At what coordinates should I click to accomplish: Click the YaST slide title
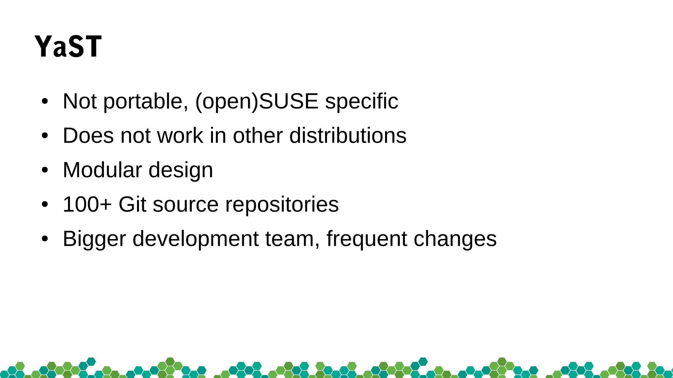[x=68, y=47]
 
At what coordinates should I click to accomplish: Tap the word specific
[x=361, y=101]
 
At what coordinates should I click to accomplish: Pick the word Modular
[x=102, y=170]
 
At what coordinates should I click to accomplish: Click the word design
[x=181, y=171]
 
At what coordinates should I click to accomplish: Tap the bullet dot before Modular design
[x=45, y=171]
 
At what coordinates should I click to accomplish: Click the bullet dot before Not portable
[x=45, y=102]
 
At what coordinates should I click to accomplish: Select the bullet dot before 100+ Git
[x=45, y=205]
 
